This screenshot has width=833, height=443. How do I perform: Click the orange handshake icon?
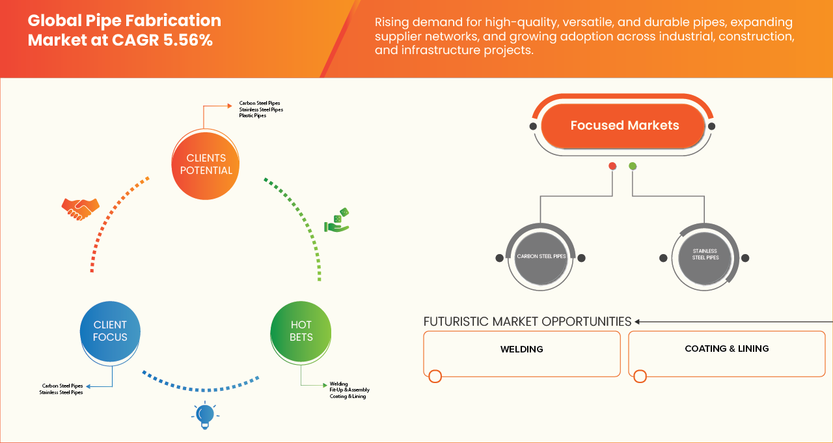pos(80,209)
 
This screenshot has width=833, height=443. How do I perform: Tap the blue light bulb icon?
pos(205,415)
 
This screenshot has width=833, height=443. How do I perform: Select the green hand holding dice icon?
pos(337,220)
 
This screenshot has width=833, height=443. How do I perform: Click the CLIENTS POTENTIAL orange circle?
pos(205,165)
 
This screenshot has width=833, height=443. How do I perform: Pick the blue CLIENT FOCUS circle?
pos(110,332)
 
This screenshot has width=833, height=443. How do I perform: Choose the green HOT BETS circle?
pos(301,332)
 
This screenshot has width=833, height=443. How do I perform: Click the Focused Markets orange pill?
pos(623,126)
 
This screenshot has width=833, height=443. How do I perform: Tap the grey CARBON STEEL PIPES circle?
pos(541,257)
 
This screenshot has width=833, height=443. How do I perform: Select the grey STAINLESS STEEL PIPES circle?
pos(705,257)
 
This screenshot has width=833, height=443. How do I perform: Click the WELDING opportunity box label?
pos(521,349)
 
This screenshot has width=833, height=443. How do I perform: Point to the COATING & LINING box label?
pos(727,349)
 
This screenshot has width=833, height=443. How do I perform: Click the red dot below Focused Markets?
pos(612,166)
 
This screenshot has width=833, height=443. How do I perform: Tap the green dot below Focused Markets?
pos(633,166)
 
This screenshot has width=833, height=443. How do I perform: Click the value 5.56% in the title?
pos(188,40)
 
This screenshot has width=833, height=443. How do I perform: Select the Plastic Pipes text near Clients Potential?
pos(253,116)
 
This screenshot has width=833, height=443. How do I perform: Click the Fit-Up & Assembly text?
pos(349,390)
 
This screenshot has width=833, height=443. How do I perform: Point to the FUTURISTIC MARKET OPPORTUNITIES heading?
pos(527,322)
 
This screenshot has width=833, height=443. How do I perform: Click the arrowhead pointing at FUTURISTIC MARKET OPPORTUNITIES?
pos(637,322)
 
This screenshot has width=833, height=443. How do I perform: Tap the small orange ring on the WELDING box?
pos(435,377)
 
